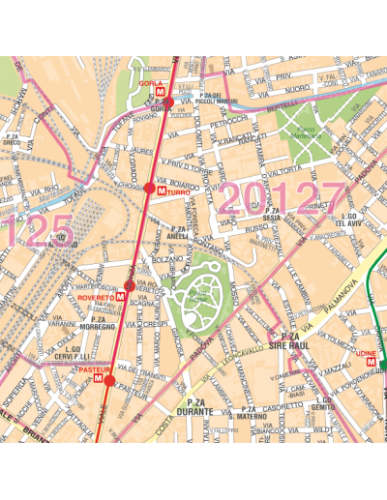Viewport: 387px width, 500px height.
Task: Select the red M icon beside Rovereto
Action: tap(119, 298)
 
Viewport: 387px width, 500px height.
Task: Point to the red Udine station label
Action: tap(366, 355)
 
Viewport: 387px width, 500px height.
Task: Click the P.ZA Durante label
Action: tap(195, 407)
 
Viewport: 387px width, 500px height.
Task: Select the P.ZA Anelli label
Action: tap(177, 231)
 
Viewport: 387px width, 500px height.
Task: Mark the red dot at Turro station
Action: tap(148, 190)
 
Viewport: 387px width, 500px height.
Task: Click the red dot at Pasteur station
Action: tap(108, 381)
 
